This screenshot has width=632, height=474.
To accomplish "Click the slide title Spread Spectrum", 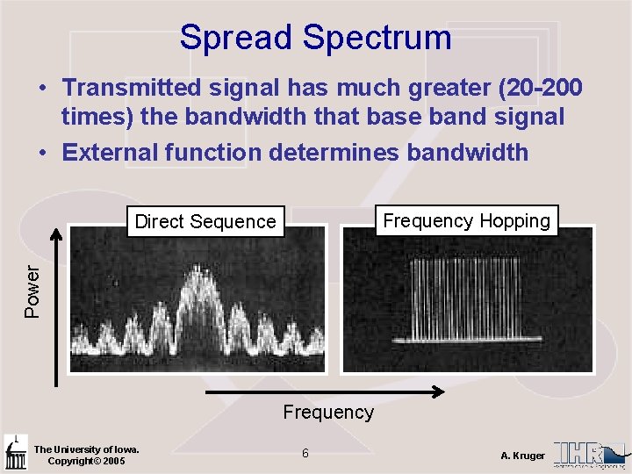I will pyautogui.click(x=315, y=38).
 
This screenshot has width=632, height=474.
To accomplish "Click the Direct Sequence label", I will pyautogui.click(x=205, y=222).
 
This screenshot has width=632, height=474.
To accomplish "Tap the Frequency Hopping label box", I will pyautogui.click(x=466, y=221).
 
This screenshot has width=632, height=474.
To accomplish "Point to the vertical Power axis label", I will pyautogui.click(x=32, y=291).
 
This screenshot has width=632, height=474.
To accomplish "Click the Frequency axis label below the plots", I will pyautogui.click(x=328, y=412).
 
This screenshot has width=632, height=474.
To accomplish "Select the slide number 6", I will pyautogui.click(x=305, y=453).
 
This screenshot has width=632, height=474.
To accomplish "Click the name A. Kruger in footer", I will pyautogui.click(x=522, y=456).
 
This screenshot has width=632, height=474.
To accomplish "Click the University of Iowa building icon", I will pyautogui.click(x=15, y=452).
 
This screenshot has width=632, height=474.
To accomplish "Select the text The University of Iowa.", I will pyautogui.click(x=86, y=449).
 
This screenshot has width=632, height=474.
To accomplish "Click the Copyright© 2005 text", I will pyautogui.click(x=86, y=461).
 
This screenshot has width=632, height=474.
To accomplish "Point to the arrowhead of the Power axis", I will pyautogui.click(x=57, y=233).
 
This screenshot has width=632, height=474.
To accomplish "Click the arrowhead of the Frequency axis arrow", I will pyautogui.click(x=438, y=391).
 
